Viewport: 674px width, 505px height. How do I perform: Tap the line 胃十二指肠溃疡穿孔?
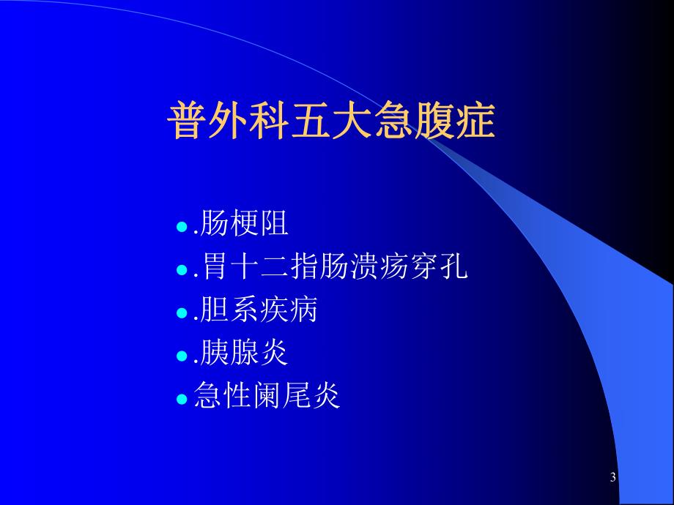point(331,268)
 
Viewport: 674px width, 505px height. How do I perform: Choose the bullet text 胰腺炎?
point(242,354)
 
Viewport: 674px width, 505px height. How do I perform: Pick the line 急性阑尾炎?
point(267,397)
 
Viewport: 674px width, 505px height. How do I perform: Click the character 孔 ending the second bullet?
point(453,268)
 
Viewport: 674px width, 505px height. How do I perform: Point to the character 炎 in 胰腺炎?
point(275,354)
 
